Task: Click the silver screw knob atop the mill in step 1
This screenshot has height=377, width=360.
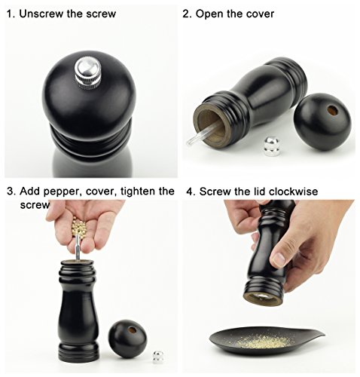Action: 88,73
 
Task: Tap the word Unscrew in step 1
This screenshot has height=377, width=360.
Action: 41,14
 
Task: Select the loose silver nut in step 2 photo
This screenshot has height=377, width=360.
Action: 272,146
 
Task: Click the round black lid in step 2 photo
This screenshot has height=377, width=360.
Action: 322,121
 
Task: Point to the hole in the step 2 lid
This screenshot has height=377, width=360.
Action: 333,110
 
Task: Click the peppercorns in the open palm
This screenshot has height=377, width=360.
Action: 80,227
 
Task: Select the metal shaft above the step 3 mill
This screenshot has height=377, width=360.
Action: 78,247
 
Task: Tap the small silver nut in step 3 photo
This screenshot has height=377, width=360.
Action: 159,357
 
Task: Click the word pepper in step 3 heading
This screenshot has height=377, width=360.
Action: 63,192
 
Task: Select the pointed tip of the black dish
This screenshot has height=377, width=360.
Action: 325,334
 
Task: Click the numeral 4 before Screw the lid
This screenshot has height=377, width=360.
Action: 189,192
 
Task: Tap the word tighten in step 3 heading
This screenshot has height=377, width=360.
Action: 138,192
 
